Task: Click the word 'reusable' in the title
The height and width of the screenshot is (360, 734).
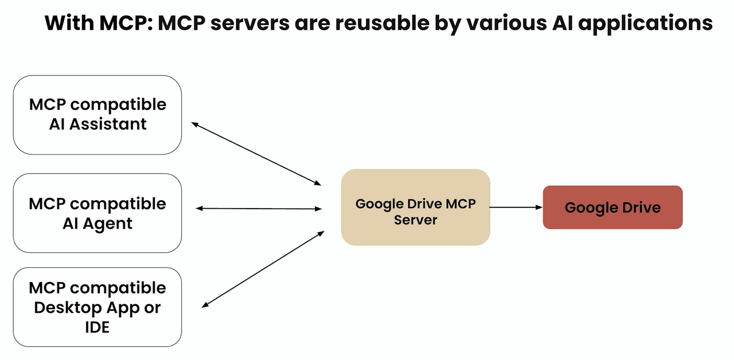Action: tap(382, 23)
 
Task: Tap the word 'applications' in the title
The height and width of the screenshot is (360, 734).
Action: tap(646, 24)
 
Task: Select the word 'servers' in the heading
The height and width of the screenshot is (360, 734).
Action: tap(250, 24)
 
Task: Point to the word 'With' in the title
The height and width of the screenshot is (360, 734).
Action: tap(69, 23)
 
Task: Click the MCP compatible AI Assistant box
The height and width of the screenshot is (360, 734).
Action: tap(97, 115)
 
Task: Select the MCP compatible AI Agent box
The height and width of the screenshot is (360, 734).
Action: tap(97, 213)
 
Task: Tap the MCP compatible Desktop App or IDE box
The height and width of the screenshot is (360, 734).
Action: tap(97, 307)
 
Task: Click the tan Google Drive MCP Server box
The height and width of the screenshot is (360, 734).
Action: tap(416, 208)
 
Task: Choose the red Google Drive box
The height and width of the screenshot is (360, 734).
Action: tap(613, 208)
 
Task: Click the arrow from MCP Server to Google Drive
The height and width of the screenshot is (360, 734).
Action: tap(516, 207)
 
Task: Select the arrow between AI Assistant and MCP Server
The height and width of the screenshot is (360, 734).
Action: tap(256, 154)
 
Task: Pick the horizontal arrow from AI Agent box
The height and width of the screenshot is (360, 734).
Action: tap(259, 208)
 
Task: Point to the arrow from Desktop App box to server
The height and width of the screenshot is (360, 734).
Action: tap(263, 269)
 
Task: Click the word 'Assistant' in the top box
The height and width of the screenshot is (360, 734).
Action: tap(108, 124)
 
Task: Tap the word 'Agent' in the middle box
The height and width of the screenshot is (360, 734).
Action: tap(107, 224)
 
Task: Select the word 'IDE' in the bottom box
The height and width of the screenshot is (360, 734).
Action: tap(97, 327)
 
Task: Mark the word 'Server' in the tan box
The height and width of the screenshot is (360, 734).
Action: tap(416, 220)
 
